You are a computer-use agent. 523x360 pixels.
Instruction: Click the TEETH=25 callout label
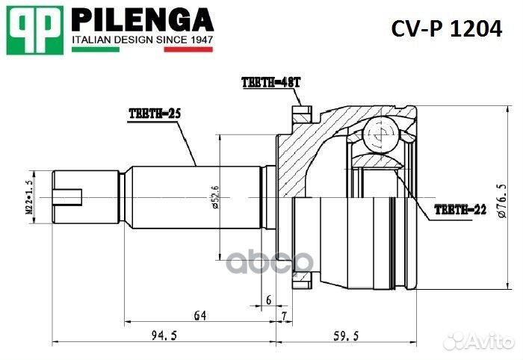155,113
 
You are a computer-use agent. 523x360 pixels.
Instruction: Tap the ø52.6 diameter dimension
215,198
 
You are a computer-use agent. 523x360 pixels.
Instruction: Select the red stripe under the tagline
189,50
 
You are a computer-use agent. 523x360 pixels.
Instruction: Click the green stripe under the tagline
95,50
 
